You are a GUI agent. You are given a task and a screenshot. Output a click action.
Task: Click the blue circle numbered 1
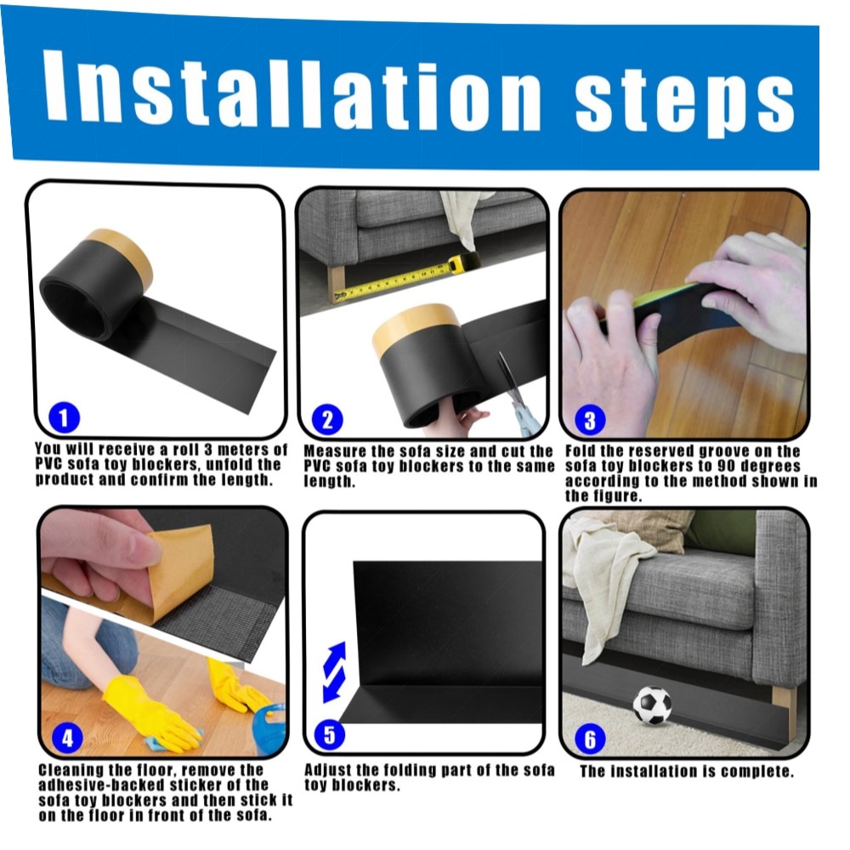click(x=64, y=417)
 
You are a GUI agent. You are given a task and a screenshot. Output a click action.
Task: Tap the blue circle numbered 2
click(x=327, y=420)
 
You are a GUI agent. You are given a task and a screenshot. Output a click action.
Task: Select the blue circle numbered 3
click(x=589, y=420)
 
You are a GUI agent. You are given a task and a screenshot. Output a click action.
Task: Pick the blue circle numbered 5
click(x=329, y=734)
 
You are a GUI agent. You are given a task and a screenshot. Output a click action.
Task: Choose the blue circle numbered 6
click(x=589, y=739)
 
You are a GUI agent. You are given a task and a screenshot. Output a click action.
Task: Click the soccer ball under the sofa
click(x=652, y=705)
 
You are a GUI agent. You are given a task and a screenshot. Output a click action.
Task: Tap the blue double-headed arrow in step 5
click(x=334, y=672)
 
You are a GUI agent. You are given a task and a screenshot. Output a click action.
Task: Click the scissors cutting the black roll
click(x=515, y=393)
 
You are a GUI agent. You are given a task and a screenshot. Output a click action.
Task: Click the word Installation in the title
click(x=292, y=91)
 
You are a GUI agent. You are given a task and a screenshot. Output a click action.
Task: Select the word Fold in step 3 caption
click(x=580, y=451)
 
